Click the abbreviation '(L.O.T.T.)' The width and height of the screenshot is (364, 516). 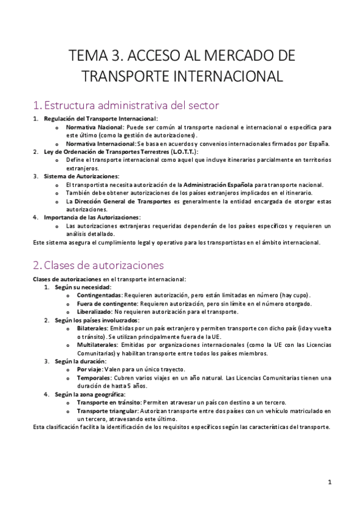[x=179, y=152]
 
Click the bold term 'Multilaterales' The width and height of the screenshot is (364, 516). [x=97, y=344]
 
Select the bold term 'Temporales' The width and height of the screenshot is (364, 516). [x=93, y=377]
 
